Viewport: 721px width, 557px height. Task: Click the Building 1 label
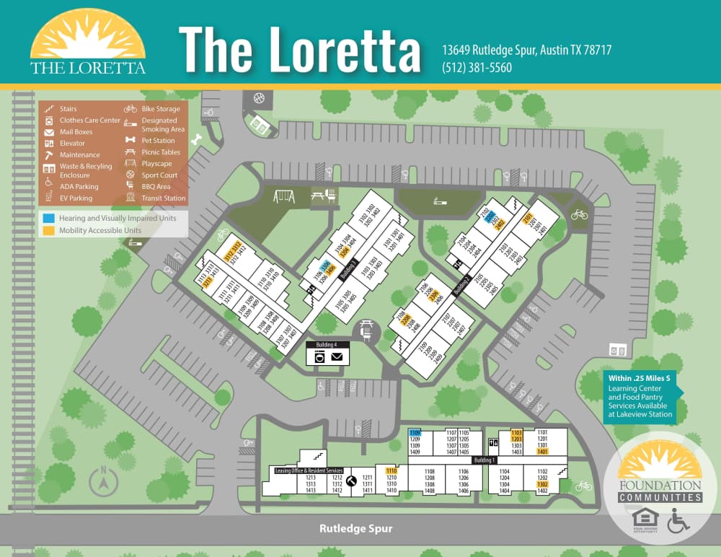click(485, 460)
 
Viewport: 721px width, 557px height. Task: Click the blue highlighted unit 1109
click(415, 432)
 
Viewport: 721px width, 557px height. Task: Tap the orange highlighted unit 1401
click(543, 452)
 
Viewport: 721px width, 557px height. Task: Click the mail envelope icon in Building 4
click(337, 356)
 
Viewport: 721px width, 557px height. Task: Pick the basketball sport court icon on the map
click(259, 97)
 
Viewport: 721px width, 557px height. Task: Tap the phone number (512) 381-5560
click(477, 68)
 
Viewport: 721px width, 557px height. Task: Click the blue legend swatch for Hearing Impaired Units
click(48, 218)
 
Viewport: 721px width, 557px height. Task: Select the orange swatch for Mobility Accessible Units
click(48, 231)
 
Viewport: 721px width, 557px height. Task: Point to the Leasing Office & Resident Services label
click(308, 470)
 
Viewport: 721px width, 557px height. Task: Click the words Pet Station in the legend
click(158, 141)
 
